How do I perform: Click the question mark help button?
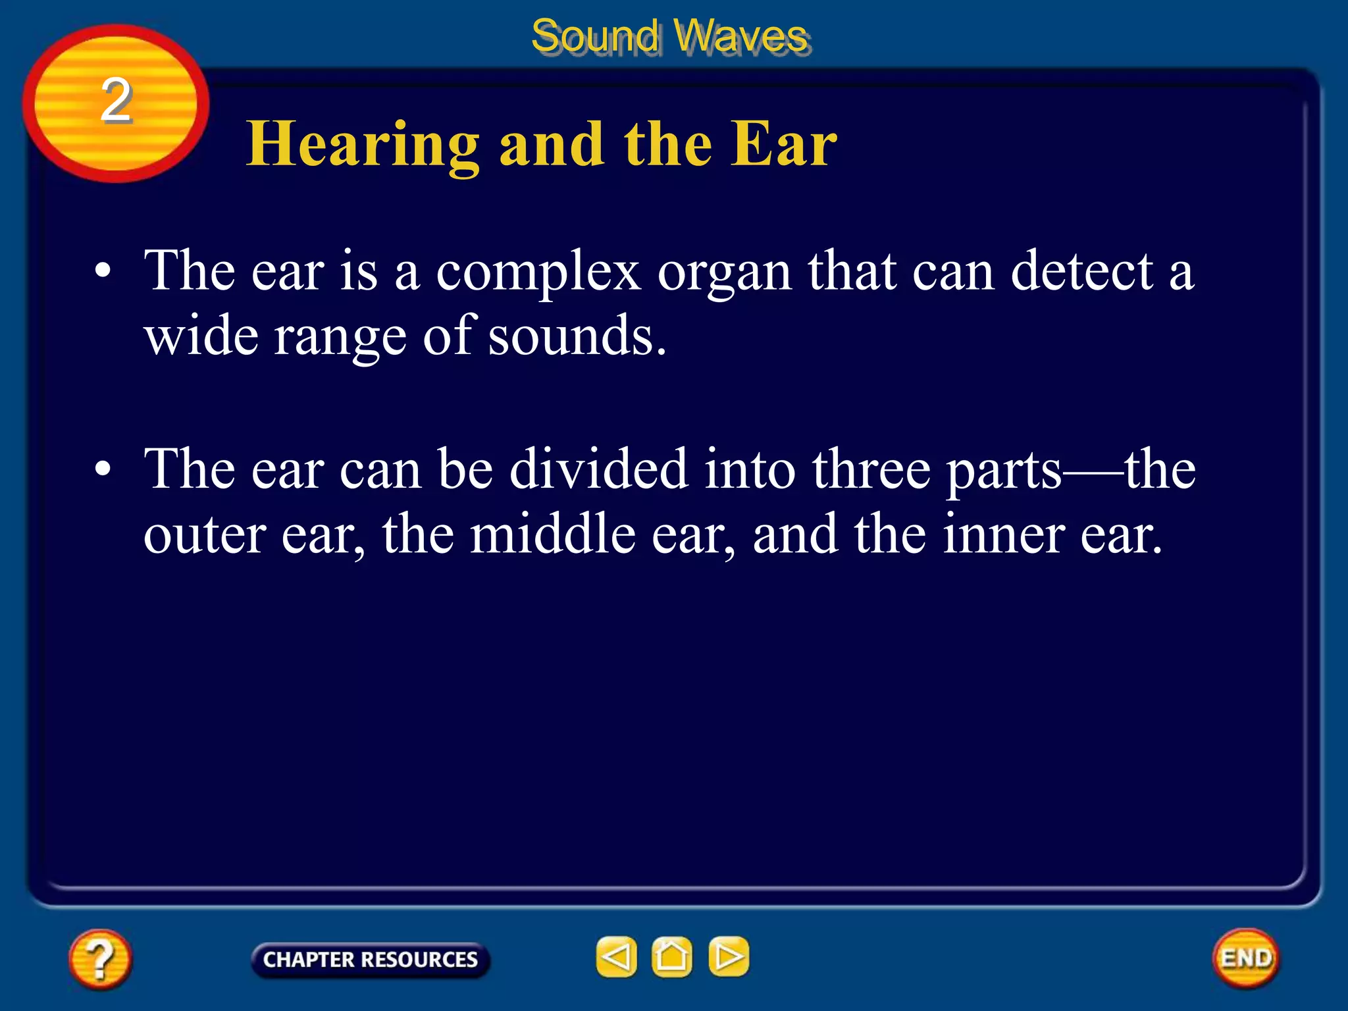coord(100,958)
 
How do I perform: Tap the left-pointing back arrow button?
coord(616,956)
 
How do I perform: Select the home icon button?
coord(672,956)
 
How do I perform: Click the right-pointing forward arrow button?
coord(729,956)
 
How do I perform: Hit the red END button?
coord(1245,958)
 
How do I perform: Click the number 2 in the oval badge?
coord(116,100)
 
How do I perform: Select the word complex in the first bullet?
coord(538,271)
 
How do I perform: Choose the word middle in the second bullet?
coord(552,534)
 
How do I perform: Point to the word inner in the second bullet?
coord(1003,534)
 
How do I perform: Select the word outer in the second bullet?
coord(205,535)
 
